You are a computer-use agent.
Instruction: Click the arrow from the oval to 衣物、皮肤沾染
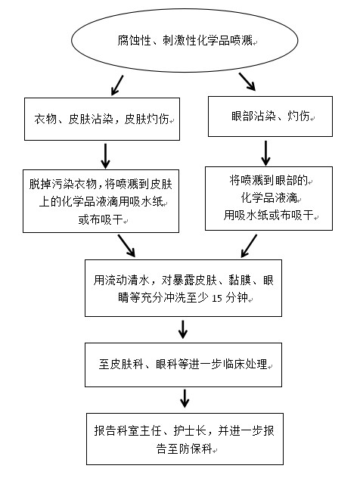[x=117, y=85]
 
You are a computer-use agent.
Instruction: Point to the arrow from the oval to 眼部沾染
[x=247, y=82]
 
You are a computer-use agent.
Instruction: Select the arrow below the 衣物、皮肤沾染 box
[x=105, y=156]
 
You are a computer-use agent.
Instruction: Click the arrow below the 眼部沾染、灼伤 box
[x=265, y=153]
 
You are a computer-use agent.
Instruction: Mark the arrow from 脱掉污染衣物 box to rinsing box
[x=126, y=245]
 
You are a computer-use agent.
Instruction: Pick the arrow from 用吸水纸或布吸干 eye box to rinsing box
[x=249, y=246]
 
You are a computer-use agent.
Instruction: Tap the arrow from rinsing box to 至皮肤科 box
[x=183, y=329]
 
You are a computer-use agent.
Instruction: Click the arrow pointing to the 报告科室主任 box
[x=185, y=398]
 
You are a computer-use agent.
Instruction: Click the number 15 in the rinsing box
[x=217, y=298]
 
